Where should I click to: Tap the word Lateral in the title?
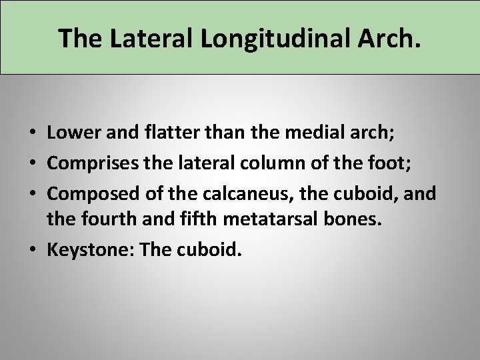[141, 39]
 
